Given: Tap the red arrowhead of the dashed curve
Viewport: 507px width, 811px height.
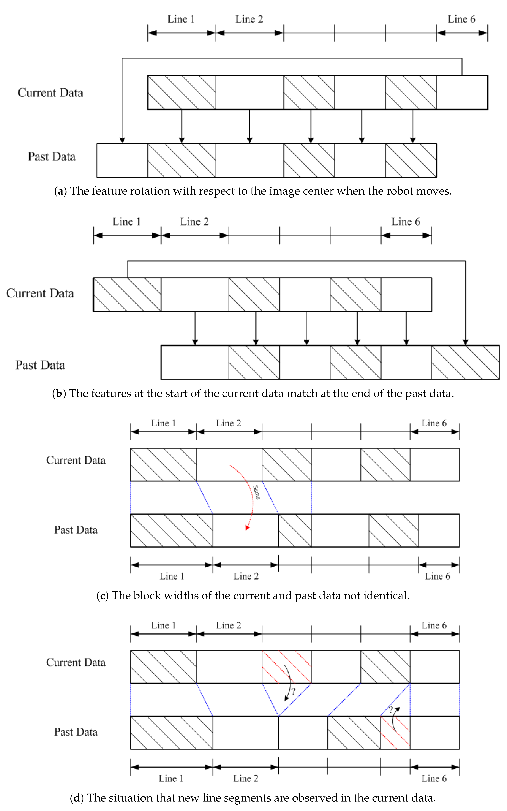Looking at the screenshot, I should point(248,528).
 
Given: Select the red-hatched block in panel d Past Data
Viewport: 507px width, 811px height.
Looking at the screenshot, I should point(395,732).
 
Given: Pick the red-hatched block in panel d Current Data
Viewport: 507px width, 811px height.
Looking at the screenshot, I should point(287,667).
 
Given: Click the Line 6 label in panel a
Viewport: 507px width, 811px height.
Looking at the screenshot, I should point(461,19).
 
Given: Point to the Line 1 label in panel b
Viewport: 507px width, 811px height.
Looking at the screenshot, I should point(126,221).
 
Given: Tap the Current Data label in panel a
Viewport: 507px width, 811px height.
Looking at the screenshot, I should point(50,93).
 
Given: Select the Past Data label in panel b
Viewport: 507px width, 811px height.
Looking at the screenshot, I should point(40,365).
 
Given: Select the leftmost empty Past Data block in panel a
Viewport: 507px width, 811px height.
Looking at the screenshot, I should point(122,160).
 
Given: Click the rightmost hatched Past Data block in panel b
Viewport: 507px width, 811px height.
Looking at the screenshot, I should point(465,363).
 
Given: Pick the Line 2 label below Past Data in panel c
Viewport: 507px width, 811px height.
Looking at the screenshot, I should point(246,576).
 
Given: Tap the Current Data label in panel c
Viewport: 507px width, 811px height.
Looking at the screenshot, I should point(76,460).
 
